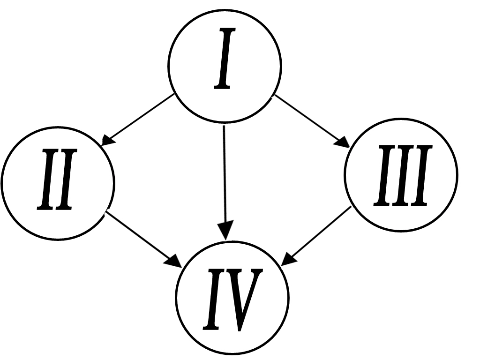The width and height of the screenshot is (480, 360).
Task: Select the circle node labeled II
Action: pos(58,182)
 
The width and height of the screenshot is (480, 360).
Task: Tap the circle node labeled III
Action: pos(401,175)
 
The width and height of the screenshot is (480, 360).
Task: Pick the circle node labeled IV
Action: pos(232,297)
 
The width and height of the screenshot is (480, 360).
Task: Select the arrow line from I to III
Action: pos(309,120)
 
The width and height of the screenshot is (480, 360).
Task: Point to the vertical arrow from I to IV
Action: pos(225,178)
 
